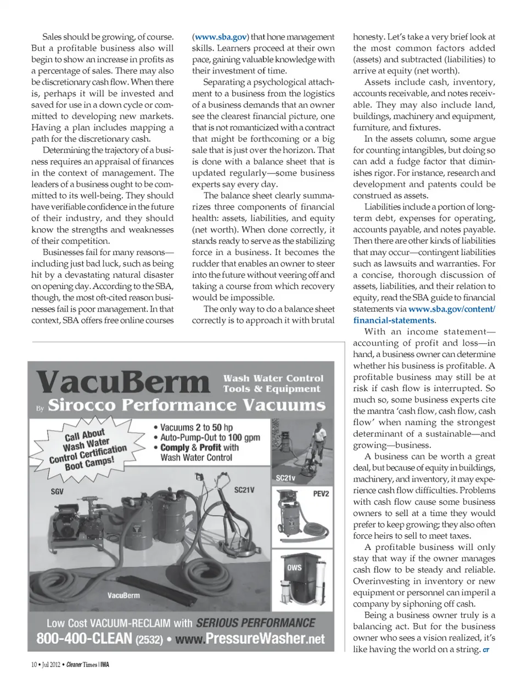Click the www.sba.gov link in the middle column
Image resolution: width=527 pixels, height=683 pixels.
(220, 37)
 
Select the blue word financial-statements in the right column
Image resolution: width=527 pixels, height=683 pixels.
(394, 320)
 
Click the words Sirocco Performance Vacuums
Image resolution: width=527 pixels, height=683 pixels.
(187, 405)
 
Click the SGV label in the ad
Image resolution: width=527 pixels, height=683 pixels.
(57, 492)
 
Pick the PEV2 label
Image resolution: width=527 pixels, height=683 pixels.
(321, 494)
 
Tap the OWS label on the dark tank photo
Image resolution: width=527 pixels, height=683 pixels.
(294, 567)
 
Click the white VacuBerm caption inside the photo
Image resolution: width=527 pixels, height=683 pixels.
(124, 595)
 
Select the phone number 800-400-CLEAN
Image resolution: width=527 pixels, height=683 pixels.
(84, 638)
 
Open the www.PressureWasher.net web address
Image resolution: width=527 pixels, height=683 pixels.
(250, 639)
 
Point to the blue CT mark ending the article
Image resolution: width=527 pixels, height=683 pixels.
(486, 650)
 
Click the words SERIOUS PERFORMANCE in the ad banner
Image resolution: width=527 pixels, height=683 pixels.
(255, 623)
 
